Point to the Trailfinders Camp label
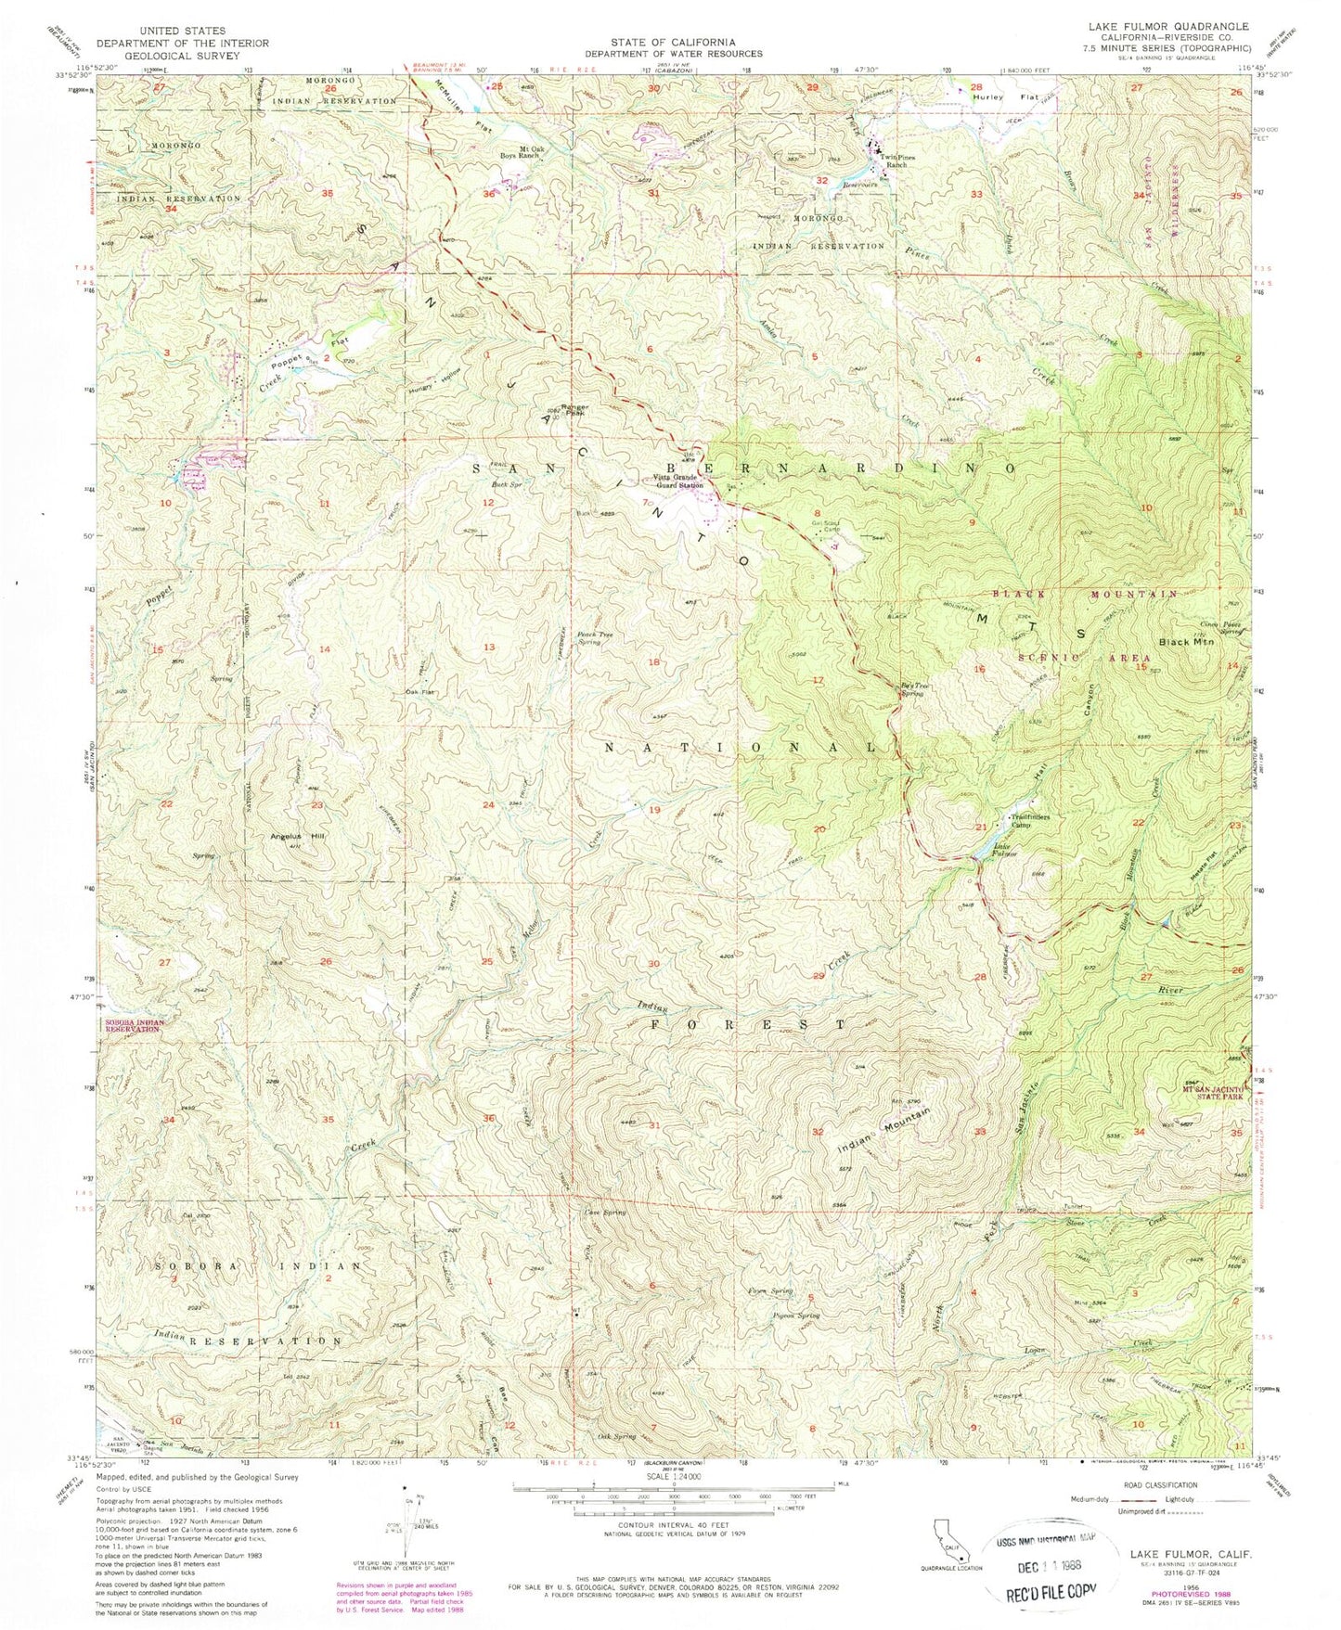tap(1031, 820)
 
